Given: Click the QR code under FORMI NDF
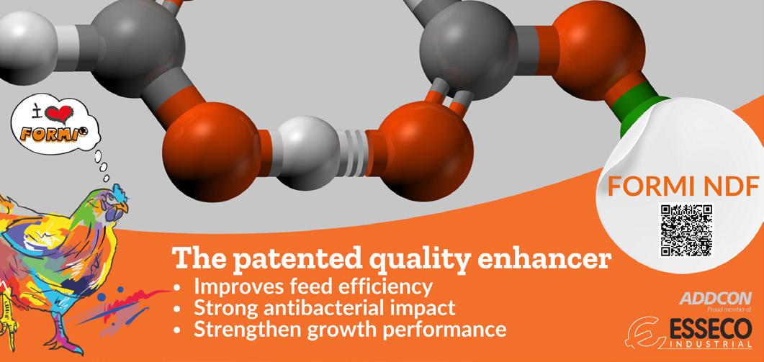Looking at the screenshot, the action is [x=686, y=230].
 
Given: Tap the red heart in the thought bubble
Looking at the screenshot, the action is [x=59, y=114].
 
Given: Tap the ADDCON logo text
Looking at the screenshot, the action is [x=715, y=299].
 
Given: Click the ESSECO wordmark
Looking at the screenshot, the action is [x=711, y=330].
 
